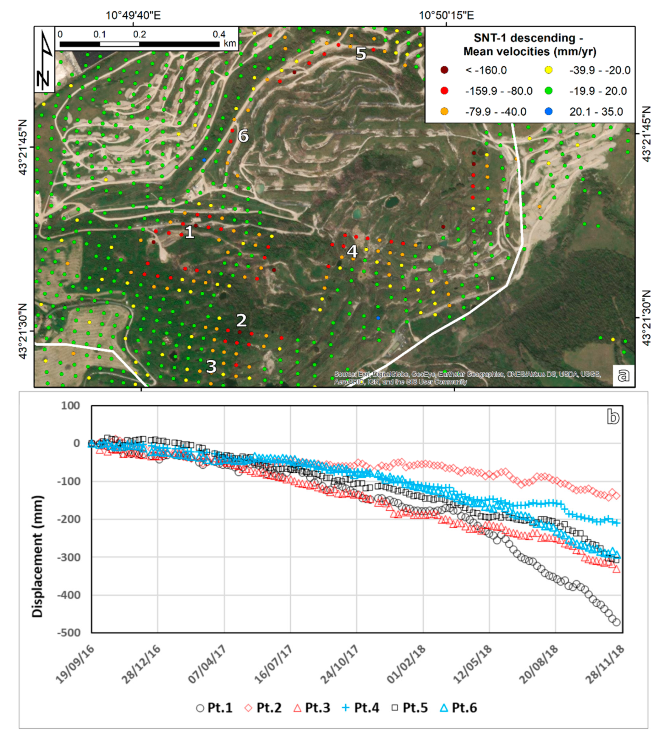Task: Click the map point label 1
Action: [189, 232]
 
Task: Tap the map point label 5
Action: [361, 54]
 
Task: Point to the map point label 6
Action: [243, 136]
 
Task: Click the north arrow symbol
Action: [45, 60]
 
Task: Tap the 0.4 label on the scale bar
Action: [219, 34]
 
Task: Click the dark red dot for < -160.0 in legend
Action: [444, 70]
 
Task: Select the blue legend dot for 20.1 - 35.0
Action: [548, 112]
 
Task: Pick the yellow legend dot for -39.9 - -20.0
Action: [548, 70]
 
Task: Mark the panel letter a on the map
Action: [623, 374]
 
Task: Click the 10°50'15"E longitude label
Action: [446, 16]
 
